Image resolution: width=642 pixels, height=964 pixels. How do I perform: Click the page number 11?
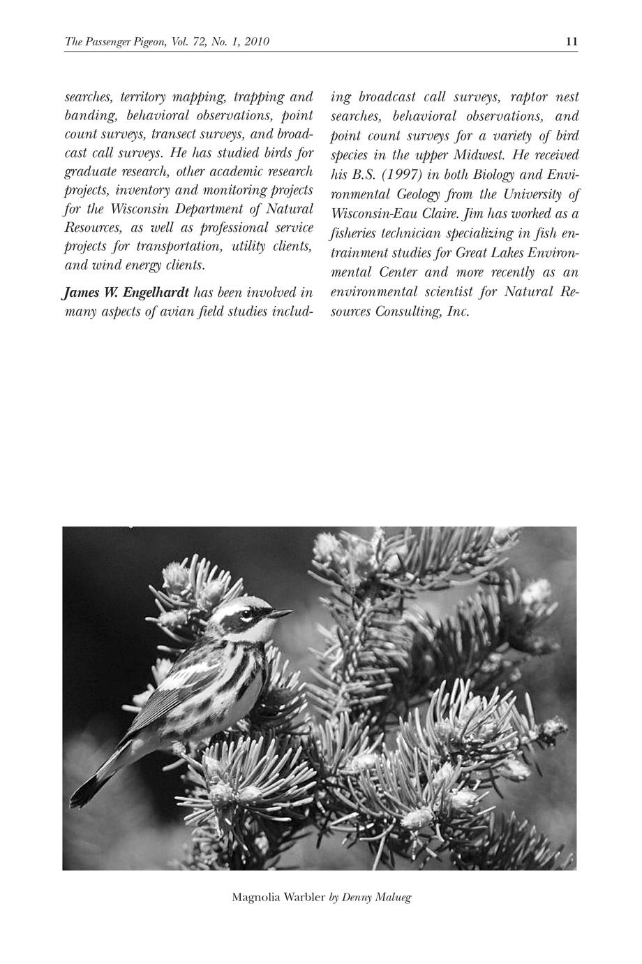572,42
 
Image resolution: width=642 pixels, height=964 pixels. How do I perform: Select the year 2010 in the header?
257,42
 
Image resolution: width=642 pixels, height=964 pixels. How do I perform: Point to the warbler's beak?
282,613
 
